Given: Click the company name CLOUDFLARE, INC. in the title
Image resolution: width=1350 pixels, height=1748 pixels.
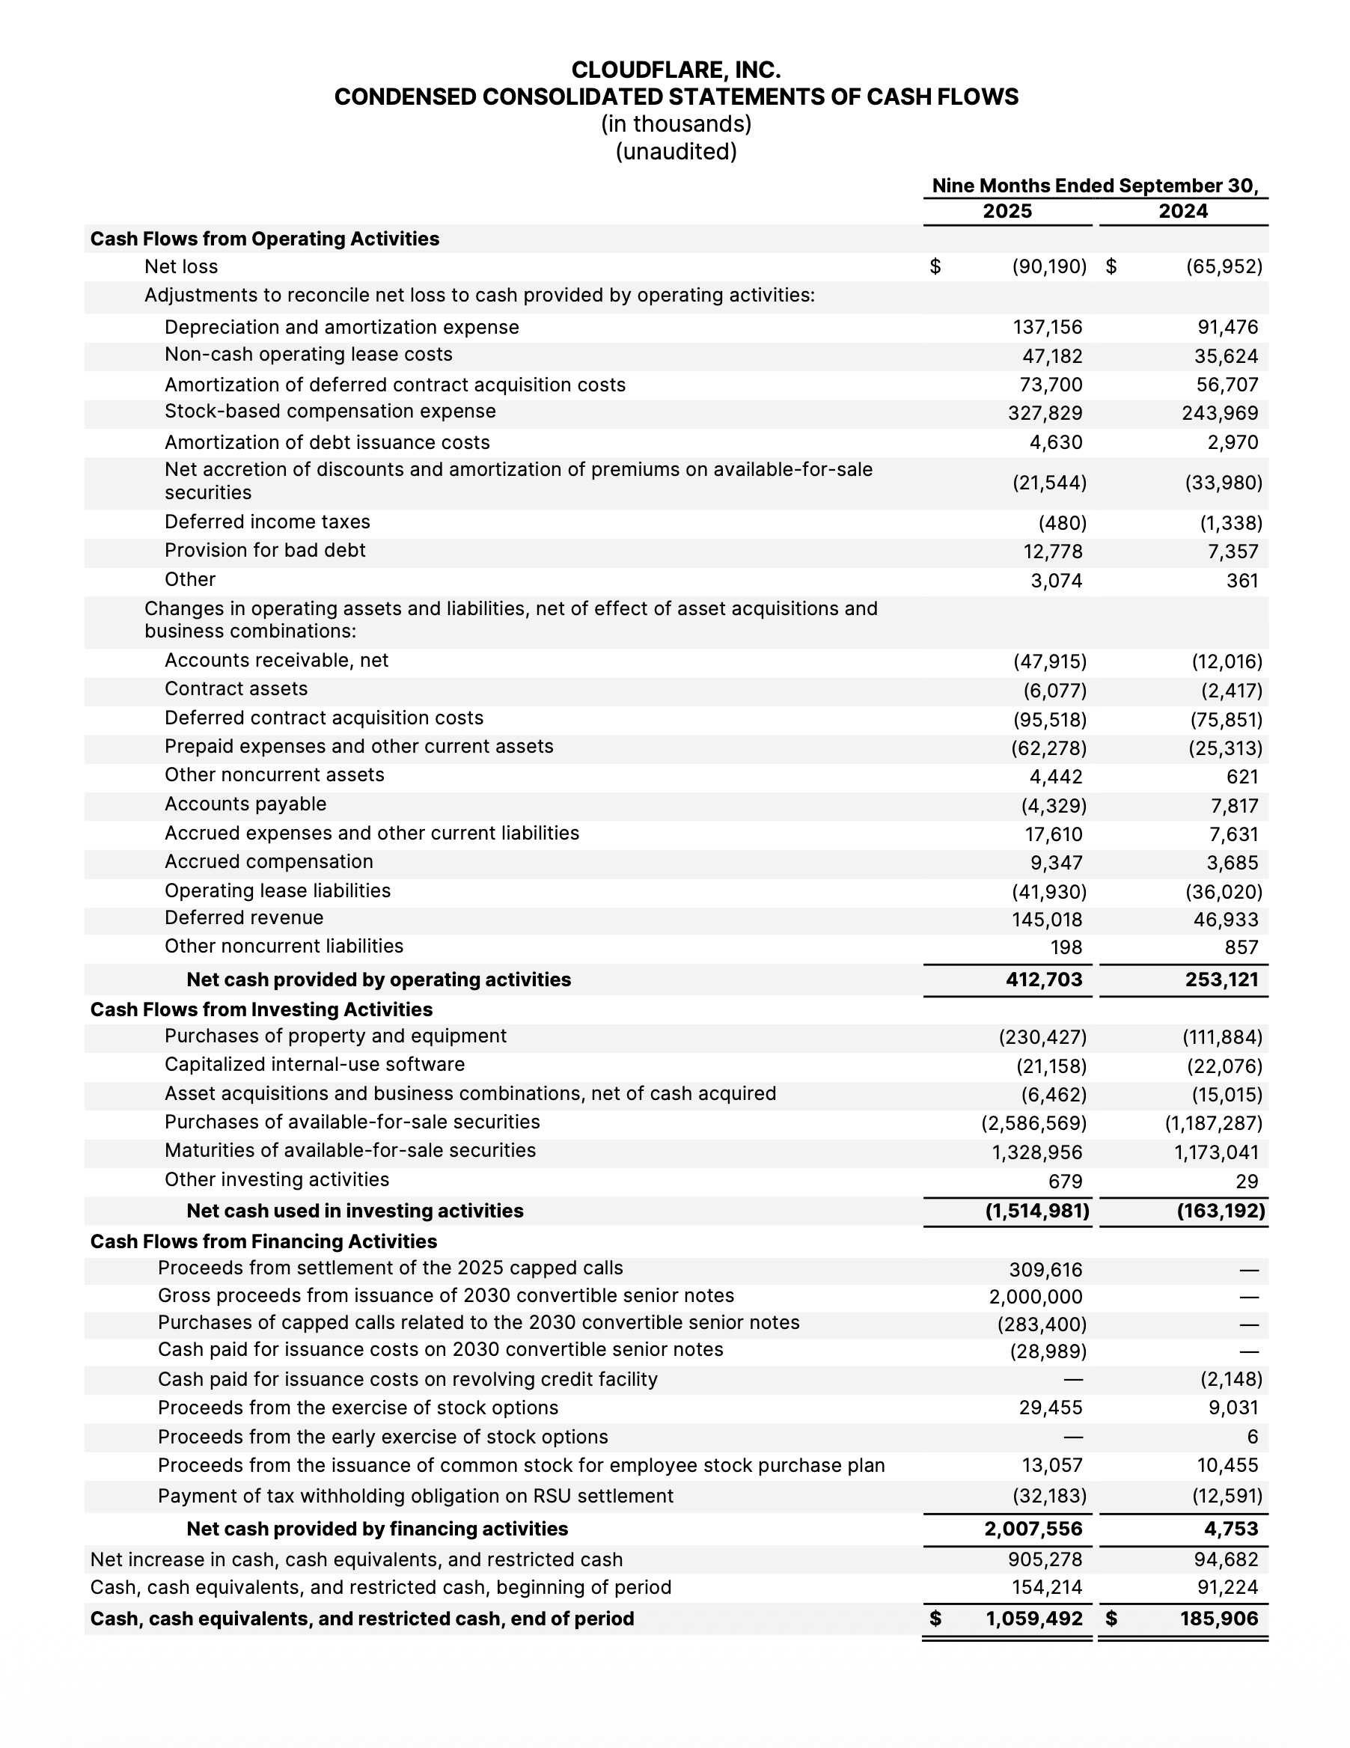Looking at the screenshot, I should click(x=676, y=70).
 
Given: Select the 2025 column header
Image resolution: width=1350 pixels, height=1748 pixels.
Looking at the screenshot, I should click(x=1007, y=211).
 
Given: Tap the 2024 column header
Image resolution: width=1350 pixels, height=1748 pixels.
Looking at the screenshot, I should click(x=1183, y=211).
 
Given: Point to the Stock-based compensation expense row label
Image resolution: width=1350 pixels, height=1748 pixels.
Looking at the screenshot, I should click(x=330, y=412).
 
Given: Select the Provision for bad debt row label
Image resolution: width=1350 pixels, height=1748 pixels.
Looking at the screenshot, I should click(x=265, y=551).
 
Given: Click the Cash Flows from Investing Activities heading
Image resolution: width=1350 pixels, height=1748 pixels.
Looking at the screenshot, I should click(x=261, y=1009).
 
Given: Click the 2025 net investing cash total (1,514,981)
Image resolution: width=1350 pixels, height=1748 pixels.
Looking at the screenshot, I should click(x=1036, y=1211).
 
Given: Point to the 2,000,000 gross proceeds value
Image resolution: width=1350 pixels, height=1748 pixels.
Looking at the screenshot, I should click(x=1036, y=1297).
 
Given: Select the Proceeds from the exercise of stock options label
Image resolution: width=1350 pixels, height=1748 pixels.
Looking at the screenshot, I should click(x=358, y=1408).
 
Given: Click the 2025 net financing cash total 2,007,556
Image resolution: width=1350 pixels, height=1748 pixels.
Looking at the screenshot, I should click(x=1033, y=1529).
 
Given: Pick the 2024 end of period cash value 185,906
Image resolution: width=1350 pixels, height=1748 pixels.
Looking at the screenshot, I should click(x=1219, y=1619).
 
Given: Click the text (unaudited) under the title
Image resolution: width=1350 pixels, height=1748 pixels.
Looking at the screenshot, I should click(x=676, y=151).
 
